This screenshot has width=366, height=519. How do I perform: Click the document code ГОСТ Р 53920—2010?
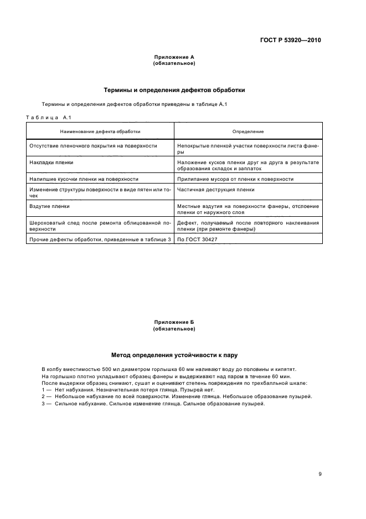[x=290, y=40]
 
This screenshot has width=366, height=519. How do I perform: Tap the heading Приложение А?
[x=174, y=57]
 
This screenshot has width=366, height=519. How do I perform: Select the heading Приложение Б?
[x=174, y=322]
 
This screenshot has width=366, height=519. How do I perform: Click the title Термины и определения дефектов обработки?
[x=174, y=90]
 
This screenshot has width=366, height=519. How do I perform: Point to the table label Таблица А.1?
[x=49, y=118]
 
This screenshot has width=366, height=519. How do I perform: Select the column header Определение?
[x=248, y=131]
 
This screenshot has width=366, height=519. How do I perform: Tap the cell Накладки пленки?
[x=51, y=162]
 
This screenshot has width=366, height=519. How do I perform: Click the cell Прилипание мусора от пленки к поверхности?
[x=235, y=179]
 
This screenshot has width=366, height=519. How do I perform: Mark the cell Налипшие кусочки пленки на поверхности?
[x=83, y=179]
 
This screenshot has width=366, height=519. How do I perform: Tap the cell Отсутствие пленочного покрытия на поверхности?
[x=93, y=146]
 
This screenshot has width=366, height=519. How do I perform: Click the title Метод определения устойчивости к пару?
[x=174, y=355]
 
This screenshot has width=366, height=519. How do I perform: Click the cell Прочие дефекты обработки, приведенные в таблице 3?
[x=100, y=239]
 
